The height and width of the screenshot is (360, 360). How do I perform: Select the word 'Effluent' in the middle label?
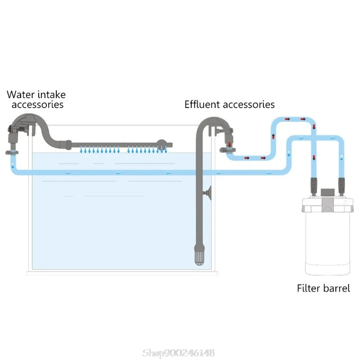[202, 104]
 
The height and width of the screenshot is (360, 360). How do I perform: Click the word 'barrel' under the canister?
[337, 288]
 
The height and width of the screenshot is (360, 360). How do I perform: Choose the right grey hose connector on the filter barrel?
[341, 185]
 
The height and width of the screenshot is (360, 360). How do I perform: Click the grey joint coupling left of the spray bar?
[67, 144]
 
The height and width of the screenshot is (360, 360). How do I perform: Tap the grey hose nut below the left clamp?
[11, 153]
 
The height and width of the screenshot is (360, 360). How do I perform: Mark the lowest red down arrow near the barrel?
[313, 157]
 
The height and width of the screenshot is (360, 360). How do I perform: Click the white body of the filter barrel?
[327, 243]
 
